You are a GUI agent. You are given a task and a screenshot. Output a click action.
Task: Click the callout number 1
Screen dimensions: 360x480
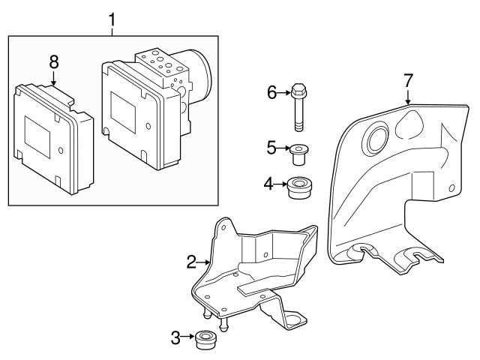(112, 16)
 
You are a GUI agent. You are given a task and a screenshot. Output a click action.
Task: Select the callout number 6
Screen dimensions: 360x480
(272, 92)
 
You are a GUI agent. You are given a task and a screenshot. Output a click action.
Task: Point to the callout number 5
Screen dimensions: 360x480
(271, 148)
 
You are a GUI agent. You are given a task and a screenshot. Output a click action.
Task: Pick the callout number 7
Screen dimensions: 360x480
(408, 79)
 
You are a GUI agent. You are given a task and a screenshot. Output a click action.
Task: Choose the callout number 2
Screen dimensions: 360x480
(191, 262)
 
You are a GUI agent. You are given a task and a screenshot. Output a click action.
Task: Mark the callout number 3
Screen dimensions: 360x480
(175, 338)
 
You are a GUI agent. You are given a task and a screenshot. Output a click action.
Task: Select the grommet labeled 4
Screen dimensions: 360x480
(299, 187)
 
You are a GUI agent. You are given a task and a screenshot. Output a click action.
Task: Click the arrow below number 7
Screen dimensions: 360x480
(408, 95)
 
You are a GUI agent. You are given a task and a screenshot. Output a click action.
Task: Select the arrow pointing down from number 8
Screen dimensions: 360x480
(54, 78)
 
